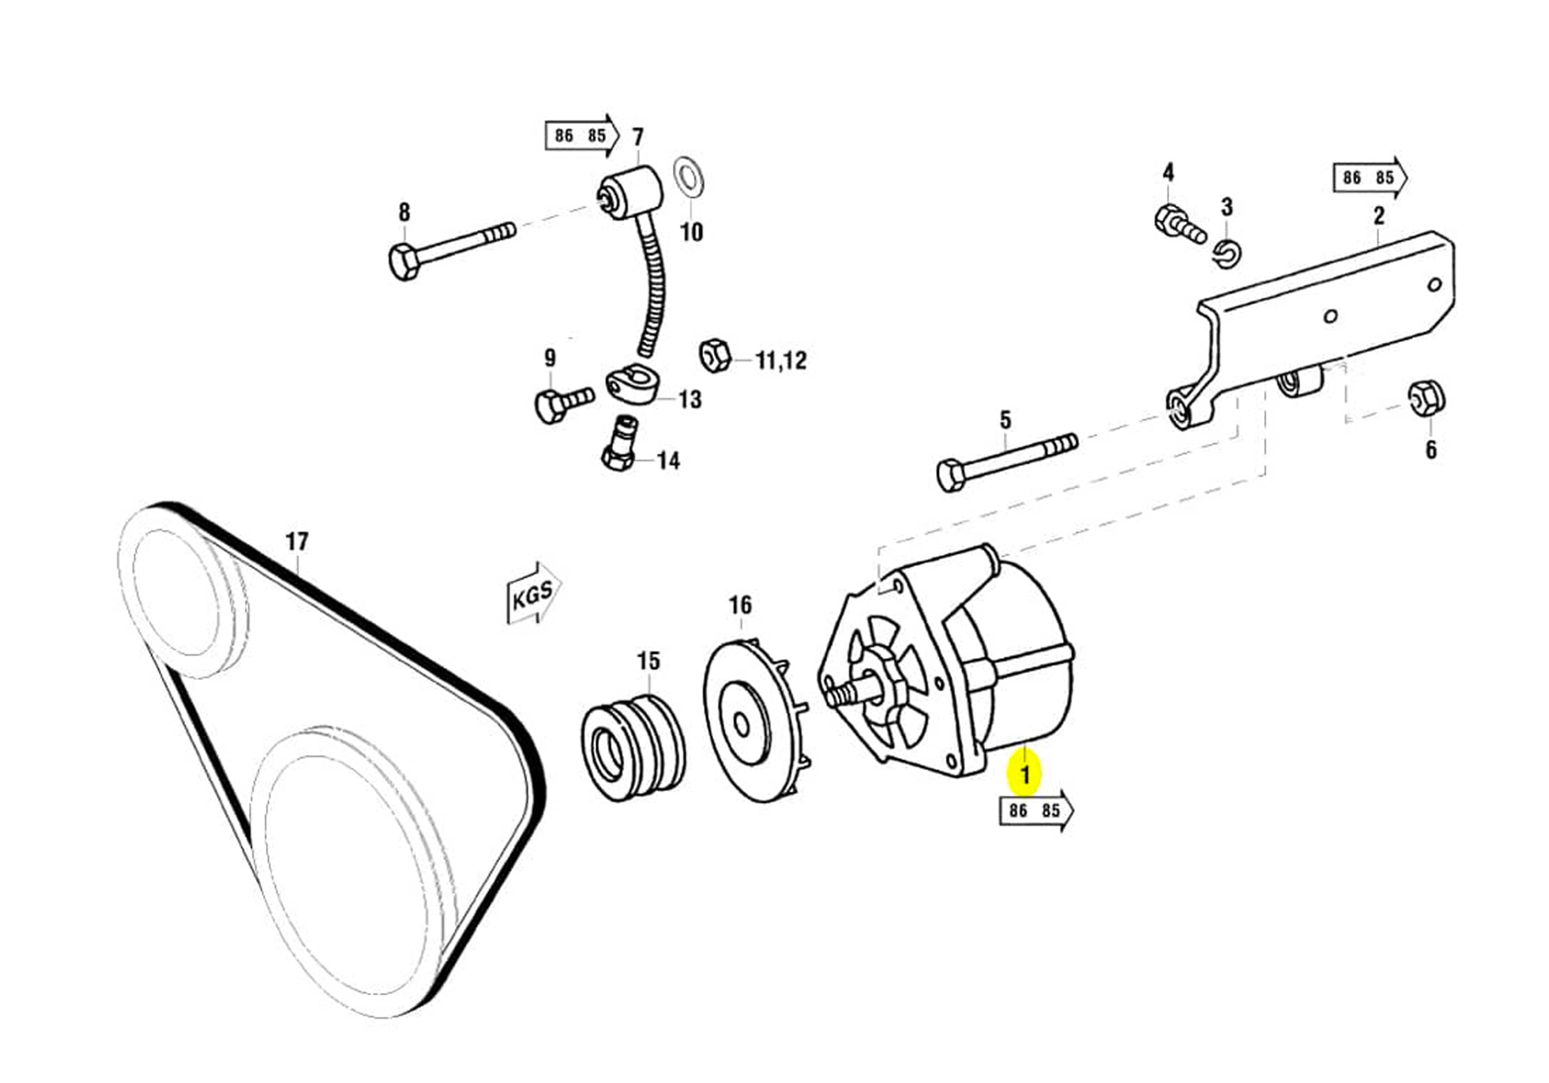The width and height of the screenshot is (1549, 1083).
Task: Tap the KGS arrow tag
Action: click(x=533, y=593)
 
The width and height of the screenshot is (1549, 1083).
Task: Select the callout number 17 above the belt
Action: click(x=297, y=541)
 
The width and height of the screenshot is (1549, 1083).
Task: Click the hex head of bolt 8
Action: click(x=403, y=262)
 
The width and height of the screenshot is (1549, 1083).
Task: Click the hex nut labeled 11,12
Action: click(x=714, y=354)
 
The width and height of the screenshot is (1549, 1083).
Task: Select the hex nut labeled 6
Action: click(x=1426, y=399)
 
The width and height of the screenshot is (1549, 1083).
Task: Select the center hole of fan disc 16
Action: click(x=741, y=726)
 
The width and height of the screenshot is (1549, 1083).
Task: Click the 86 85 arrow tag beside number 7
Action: click(x=581, y=136)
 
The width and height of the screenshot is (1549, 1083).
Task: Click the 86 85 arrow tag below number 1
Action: click(x=1035, y=810)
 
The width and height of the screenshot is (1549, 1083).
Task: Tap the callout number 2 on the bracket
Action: click(x=1378, y=216)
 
